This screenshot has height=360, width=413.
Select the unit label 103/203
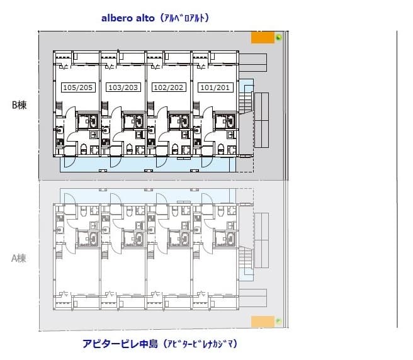[x=123, y=87]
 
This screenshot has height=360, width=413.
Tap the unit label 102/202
[x=169, y=87]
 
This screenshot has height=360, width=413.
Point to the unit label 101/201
[x=214, y=87]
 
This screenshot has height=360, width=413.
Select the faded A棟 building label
[x=19, y=258]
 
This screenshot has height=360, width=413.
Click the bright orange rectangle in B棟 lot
[x=262, y=38]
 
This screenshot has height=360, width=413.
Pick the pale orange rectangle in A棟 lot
[x=262, y=322]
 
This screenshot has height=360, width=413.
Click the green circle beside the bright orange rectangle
[x=278, y=38]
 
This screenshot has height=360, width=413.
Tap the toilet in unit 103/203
[x=130, y=149]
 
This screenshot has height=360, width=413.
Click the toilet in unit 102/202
[x=174, y=149]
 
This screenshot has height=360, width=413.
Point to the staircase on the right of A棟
[x=245, y=259]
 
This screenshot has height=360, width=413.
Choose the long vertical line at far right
[x=397, y=179]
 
